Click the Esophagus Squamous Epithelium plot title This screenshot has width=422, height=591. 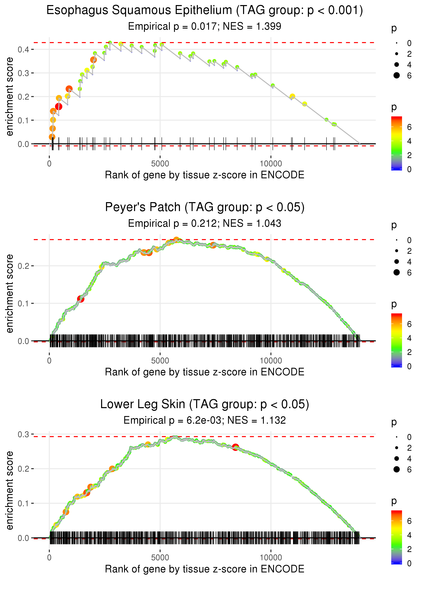[x=205, y=10]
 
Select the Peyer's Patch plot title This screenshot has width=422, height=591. [x=205, y=207]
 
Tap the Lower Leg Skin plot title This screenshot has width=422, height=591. [x=205, y=404]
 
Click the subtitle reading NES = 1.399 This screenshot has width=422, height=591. [x=252, y=27]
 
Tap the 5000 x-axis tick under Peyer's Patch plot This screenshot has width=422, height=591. [x=160, y=361]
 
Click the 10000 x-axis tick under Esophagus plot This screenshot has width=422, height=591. [x=271, y=164]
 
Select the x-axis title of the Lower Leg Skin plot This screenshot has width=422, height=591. [x=205, y=569]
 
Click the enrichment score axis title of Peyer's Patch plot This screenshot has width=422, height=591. [x=10, y=294]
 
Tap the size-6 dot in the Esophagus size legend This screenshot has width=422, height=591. [x=397, y=75]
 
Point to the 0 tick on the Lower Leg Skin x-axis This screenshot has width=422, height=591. [x=49, y=558]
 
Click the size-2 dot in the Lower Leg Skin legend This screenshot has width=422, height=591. [x=397, y=448]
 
